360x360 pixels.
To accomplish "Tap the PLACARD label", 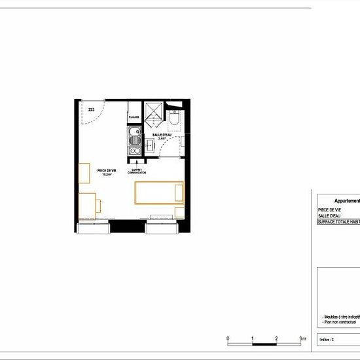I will [133, 118].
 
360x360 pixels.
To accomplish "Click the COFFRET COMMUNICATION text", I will [136, 171].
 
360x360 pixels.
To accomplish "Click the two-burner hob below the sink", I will [135, 151].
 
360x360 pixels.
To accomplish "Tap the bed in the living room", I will [159, 194].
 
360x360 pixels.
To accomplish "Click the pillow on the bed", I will [179, 194].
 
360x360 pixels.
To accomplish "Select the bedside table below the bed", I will [180, 213].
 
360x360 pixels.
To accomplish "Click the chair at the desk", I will [98, 205].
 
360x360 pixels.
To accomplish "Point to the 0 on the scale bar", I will [228, 338].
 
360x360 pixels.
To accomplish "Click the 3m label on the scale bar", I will [302, 338].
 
